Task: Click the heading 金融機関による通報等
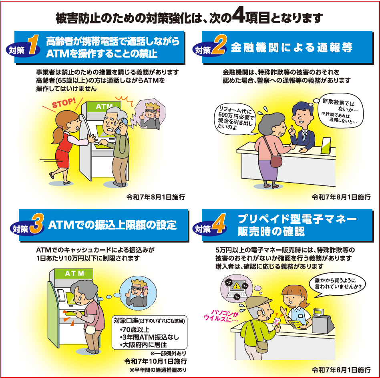point(292,48)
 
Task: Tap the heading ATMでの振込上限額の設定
point(112,225)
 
